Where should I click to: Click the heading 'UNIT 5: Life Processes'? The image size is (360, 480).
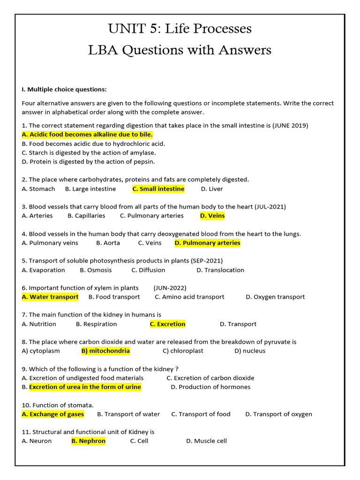(x=180, y=29)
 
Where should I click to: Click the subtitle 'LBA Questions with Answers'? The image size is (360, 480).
(x=180, y=50)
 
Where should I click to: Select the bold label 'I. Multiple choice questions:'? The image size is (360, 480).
(x=64, y=89)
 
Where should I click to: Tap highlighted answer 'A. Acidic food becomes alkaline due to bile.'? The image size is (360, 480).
(x=87, y=135)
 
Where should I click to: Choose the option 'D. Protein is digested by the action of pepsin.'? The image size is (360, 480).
(x=88, y=162)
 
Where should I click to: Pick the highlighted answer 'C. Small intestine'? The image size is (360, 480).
(x=158, y=189)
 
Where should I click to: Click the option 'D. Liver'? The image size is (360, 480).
(x=212, y=189)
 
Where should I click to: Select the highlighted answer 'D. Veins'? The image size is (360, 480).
(x=212, y=216)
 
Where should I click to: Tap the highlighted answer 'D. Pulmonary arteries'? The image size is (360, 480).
(x=207, y=243)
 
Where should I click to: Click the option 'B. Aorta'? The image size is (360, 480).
(x=108, y=243)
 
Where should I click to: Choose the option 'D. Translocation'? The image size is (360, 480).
(x=220, y=270)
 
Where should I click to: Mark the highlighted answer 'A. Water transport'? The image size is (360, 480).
(x=50, y=297)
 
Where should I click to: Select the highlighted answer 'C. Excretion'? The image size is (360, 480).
(x=168, y=324)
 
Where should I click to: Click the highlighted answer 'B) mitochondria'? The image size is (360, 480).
(x=105, y=351)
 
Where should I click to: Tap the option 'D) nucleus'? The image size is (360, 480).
(x=250, y=351)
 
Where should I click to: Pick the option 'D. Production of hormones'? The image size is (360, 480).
(x=210, y=387)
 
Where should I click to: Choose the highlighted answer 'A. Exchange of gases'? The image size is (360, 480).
(x=53, y=414)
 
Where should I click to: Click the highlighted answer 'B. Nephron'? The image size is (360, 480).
(x=89, y=441)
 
